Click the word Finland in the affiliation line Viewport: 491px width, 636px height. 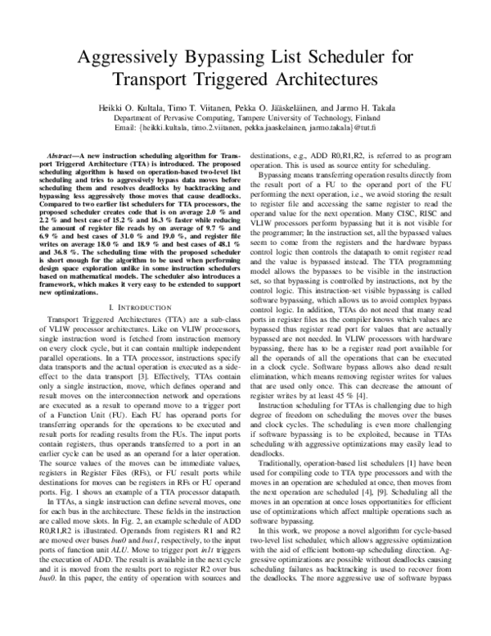[x=361, y=117]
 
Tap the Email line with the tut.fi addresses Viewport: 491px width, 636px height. [x=245, y=128]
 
